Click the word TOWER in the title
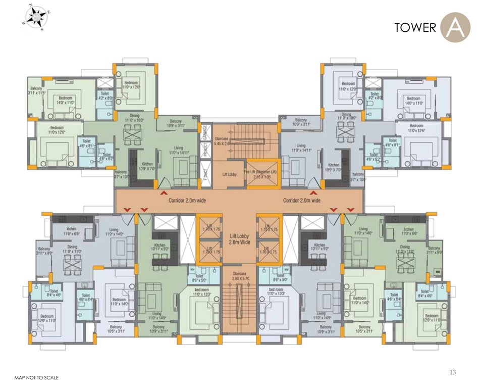coord(415,28)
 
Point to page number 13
coord(453,372)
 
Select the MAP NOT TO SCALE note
coord(37,377)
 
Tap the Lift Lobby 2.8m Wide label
coord(240,239)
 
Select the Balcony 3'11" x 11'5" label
coord(37,90)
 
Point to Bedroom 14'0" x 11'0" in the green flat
coord(66,100)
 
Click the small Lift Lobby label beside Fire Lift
coord(230,174)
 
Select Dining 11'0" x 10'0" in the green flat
coord(134,118)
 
